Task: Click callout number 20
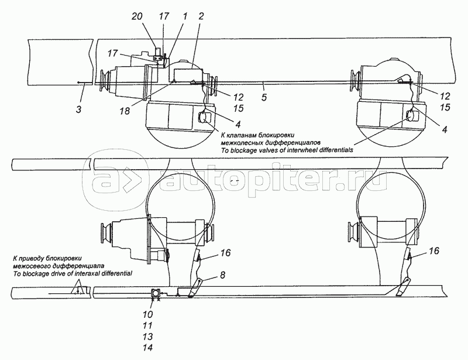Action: pos(137,16)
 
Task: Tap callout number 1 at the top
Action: pos(185,16)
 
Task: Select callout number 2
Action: pos(201,16)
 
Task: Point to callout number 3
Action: pos(78,109)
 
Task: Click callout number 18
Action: pos(125,111)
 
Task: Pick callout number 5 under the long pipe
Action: pos(264,97)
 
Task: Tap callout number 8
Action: pos(223,275)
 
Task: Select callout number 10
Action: pos(148,314)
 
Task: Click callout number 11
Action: pos(148,325)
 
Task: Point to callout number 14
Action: pos(148,348)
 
